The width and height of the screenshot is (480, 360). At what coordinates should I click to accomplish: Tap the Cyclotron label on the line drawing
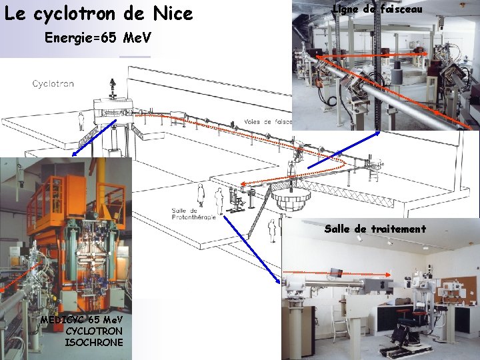click(x=53, y=84)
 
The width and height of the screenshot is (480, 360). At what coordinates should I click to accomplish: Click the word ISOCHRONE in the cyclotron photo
click(x=94, y=342)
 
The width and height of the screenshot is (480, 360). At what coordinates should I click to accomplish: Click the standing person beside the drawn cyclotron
click(x=81, y=121)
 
